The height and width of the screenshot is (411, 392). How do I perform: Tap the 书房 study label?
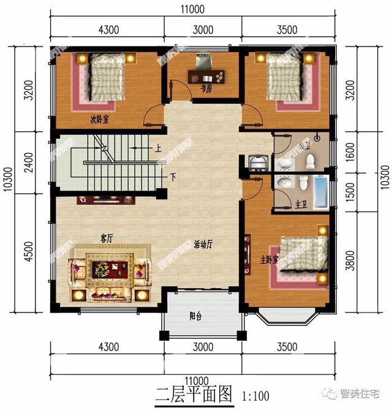[206, 89]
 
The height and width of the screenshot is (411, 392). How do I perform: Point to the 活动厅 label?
[203, 243]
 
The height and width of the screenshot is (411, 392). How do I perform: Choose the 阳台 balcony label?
[196, 316]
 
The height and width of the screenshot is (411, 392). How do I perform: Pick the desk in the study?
[206, 77]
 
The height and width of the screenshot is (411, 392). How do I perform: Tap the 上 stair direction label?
[158, 149]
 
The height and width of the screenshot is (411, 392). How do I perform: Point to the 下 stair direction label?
[173, 177]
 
